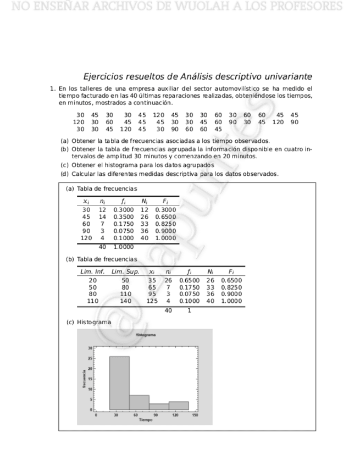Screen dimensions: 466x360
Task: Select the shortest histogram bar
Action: tap(159, 407)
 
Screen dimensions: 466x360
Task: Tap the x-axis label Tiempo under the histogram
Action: tap(146, 419)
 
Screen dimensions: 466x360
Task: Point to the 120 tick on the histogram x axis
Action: tap(175, 415)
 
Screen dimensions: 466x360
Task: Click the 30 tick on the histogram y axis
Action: tap(91, 348)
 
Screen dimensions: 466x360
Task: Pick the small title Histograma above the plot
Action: tap(145, 335)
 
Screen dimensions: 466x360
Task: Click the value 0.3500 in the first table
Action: tap(123, 217)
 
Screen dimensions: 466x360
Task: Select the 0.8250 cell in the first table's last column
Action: tap(165, 224)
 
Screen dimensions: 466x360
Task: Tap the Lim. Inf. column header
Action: tap(92, 271)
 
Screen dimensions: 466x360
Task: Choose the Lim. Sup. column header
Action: tap(125, 271)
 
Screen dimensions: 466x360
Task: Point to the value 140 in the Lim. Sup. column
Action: tap(125, 301)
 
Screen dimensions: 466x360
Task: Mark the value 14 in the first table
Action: tap(102, 217)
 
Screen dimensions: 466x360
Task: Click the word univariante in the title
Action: tap(284, 76)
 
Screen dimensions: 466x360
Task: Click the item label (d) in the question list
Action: tap(65, 174)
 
